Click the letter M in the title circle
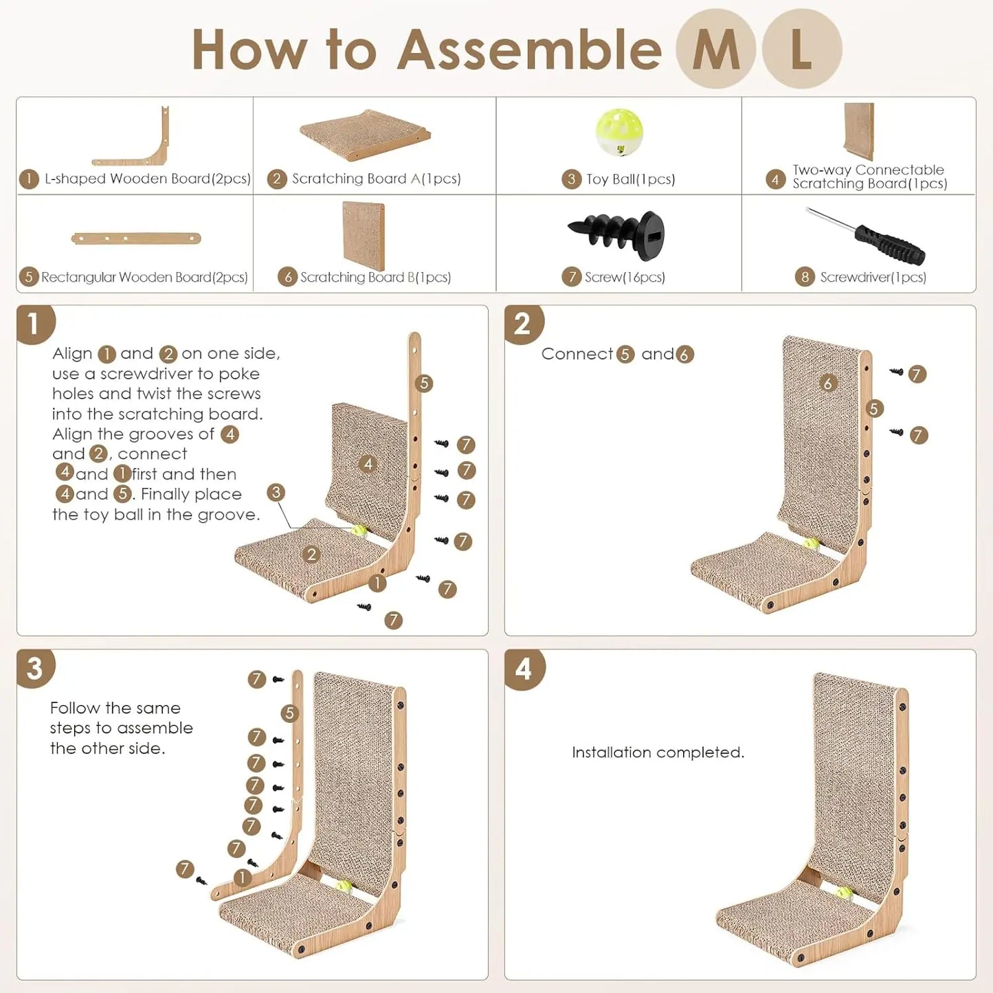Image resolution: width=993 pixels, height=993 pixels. [x=715, y=49]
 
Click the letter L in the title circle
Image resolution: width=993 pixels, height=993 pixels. [x=801, y=49]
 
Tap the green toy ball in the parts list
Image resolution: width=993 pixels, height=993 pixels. [x=618, y=132]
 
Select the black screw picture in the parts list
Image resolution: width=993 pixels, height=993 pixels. [x=616, y=235]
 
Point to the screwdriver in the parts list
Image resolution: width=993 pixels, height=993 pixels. [x=867, y=236]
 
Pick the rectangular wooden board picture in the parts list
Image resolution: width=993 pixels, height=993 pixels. [x=136, y=238]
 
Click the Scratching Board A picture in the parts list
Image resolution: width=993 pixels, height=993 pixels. [x=365, y=133]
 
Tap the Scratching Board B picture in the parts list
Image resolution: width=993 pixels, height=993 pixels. [x=364, y=235]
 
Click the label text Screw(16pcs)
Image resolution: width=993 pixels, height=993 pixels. [x=625, y=277]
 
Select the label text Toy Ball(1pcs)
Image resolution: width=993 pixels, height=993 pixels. [x=630, y=179]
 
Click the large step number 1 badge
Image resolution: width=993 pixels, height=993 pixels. [x=34, y=324]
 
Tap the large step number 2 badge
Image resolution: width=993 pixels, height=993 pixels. [x=522, y=324]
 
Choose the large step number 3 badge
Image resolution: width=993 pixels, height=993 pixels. [x=35, y=669]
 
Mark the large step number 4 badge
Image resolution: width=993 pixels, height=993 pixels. [x=524, y=669]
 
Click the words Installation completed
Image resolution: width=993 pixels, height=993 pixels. [x=658, y=752]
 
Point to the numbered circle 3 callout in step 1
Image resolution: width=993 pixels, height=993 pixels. [x=276, y=492]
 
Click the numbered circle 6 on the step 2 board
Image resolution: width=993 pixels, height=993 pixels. [x=827, y=383]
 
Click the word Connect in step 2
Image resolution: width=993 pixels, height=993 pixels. [x=577, y=354]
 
